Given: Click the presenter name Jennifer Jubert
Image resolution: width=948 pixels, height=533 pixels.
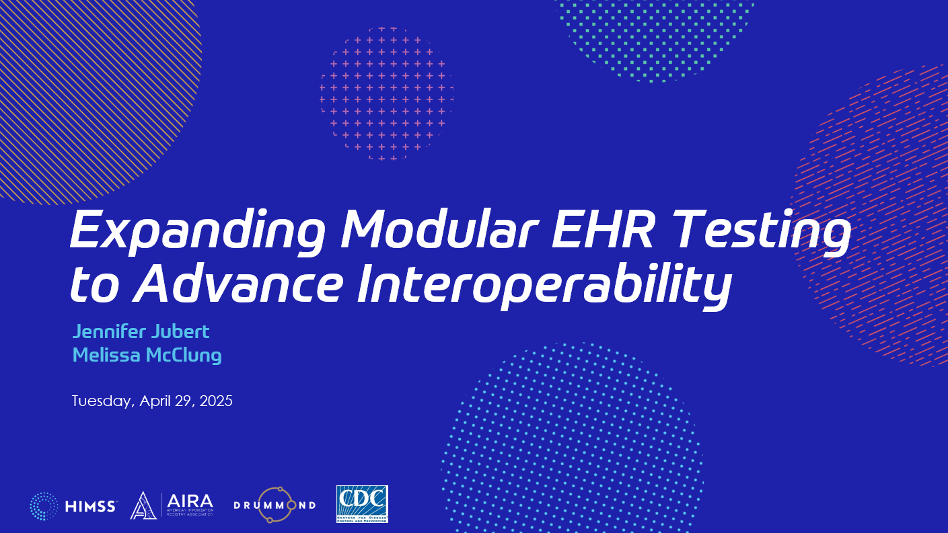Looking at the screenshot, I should click(x=141, y=332).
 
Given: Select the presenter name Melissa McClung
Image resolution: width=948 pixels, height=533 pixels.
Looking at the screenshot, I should click(x=147, y=355).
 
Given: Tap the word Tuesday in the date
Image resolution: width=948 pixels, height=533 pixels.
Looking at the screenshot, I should click(x=103, y=402).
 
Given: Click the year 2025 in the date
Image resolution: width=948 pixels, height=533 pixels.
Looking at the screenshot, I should click(x=216, y=401).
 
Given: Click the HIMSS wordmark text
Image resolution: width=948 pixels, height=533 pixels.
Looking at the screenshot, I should click(x=91, y=506).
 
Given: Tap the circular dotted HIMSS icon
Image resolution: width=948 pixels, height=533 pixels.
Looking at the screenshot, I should click(x=44, y=506).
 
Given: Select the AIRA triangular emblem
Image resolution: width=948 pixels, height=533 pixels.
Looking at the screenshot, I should click(x=143, y=506).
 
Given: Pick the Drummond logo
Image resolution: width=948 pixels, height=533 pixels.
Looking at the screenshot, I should click(x=274, y=505).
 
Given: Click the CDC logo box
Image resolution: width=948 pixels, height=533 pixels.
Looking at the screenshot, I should click(x=362, y=503).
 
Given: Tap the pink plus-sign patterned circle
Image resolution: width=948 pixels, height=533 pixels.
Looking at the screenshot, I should click(x=386, y=93).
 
